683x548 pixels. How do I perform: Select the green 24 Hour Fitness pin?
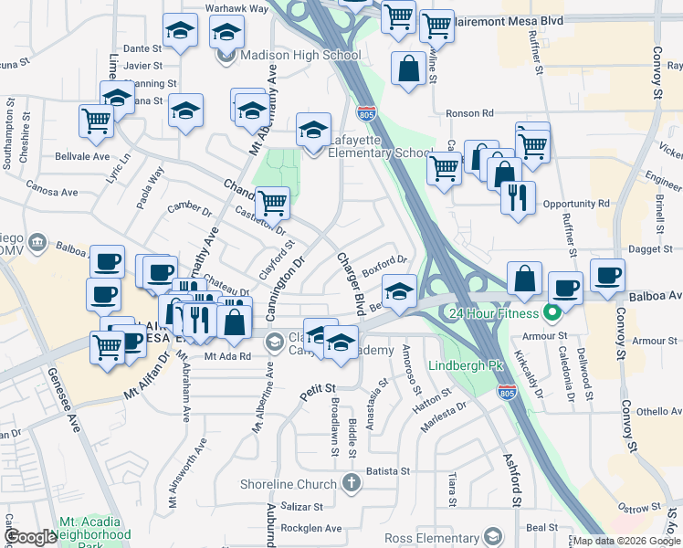coord(551,313)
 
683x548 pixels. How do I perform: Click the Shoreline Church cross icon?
coord(350,483)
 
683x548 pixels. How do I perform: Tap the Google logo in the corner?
coord(30,537)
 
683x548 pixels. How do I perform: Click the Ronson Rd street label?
coord(469,113)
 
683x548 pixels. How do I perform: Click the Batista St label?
coord(388,471)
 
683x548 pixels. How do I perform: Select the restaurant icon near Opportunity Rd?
coord(518,199)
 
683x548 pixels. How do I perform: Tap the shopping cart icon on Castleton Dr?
coord(271,202)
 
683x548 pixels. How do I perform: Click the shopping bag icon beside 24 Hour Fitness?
coord(524,280)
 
